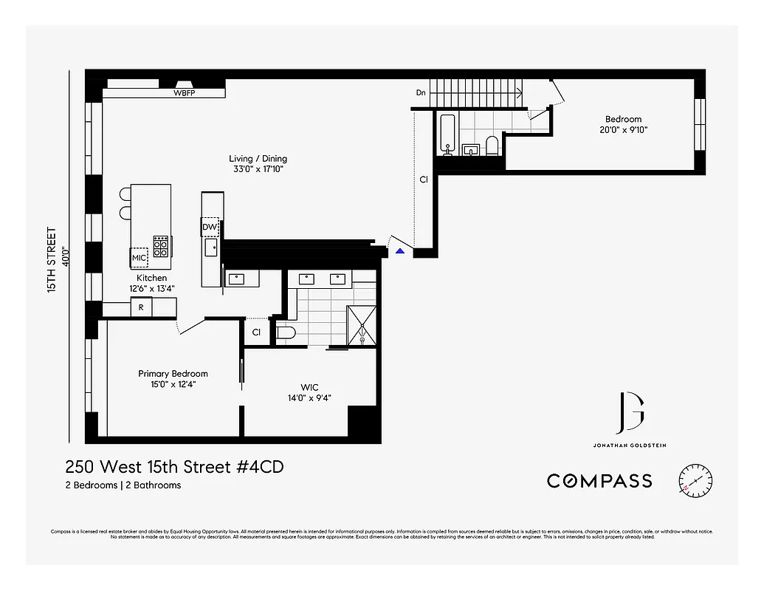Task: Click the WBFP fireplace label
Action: coord(184,94)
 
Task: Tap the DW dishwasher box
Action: coord(210,228)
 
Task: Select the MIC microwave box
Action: coord(139,257)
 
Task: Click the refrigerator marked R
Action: coord(141,307)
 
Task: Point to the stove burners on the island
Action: coord(160,245)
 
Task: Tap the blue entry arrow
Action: coord(399,252)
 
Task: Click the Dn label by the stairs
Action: coord(421,93)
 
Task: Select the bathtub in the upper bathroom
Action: coord(447,134)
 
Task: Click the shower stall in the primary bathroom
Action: coord(363,326)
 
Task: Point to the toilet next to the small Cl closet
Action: coord(286,333)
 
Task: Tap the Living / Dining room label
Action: coord(258,159)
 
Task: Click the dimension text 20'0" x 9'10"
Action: coord(623,130)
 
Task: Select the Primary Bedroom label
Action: coord(173,374)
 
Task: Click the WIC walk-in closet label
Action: coord(309,387)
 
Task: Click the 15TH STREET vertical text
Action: coord(52,260)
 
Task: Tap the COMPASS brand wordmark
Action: coord(599,481)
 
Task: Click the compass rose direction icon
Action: coord(695,480)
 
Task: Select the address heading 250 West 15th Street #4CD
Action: coord(174,467)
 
